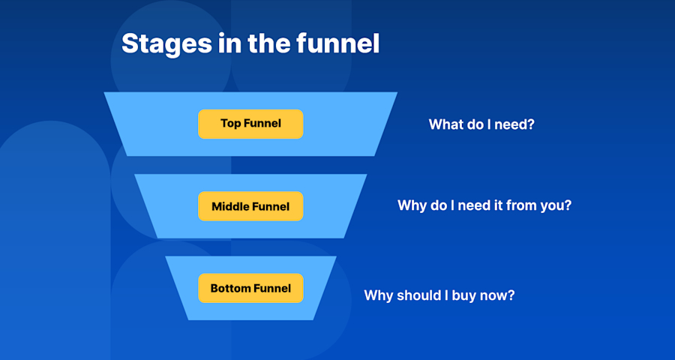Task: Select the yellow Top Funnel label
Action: [250, 124]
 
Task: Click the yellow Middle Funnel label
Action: [250, 206]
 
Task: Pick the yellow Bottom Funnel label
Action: [250, 288]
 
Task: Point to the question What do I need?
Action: [481, 124]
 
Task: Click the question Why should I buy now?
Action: [439, 295]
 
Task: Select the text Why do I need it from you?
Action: [484, 205]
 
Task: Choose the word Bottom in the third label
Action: [230, 288]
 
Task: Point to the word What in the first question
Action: [444, 124]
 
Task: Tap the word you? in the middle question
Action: [556, 205]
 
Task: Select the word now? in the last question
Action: [499, 295]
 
